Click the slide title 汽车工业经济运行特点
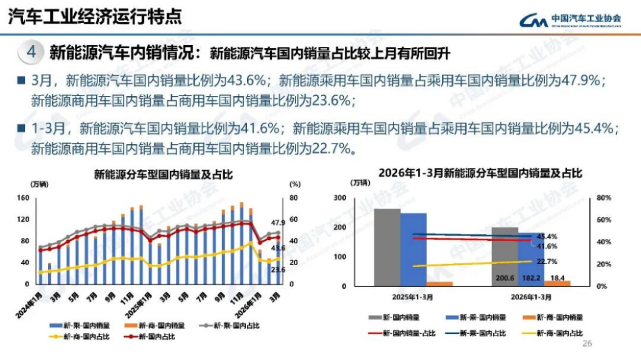point(95,16)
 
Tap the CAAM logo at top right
point(570,21)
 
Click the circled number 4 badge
point(31,52)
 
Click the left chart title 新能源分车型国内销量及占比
point(163,174)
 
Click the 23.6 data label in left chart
point(278,270)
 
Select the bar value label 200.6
point(504,278)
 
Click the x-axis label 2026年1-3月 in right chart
point(531,297)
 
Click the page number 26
point(588,343)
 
